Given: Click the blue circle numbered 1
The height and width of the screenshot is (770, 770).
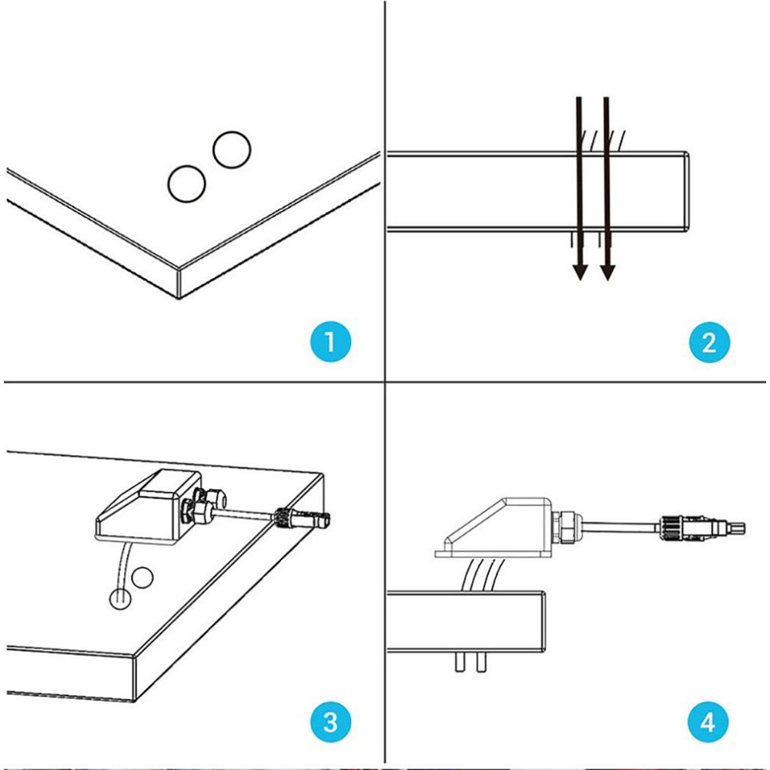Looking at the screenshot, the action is [x=330, y=342].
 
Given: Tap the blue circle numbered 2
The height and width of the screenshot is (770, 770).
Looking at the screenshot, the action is [x=709, y=342].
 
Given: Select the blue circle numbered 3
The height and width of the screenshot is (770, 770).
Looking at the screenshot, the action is [x=330, y=722].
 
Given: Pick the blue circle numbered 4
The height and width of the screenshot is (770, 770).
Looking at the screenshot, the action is [x=708, y=722].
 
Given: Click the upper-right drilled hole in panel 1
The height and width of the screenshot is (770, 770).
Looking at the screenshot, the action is [x=232, y=150].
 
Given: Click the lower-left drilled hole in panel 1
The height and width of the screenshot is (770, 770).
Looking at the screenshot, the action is [x=186, y=184].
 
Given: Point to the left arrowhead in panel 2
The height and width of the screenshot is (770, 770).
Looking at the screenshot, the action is [x=581, y=272].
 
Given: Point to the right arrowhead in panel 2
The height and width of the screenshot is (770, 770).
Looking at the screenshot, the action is [x=608, y=272].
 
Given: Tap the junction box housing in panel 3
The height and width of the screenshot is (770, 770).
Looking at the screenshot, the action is [x=147, y=506].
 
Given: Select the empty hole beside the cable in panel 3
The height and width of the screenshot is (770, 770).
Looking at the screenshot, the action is [x=142, y=577].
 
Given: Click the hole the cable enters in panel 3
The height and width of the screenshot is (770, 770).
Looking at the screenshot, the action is [x=119, y=598].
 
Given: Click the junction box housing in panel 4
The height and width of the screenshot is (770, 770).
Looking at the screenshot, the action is [x=495, y=527].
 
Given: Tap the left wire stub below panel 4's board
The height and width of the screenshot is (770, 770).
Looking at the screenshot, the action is [x=460, y=662].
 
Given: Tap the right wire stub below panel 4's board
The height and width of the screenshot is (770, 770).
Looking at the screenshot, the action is [x=481, y=662].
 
